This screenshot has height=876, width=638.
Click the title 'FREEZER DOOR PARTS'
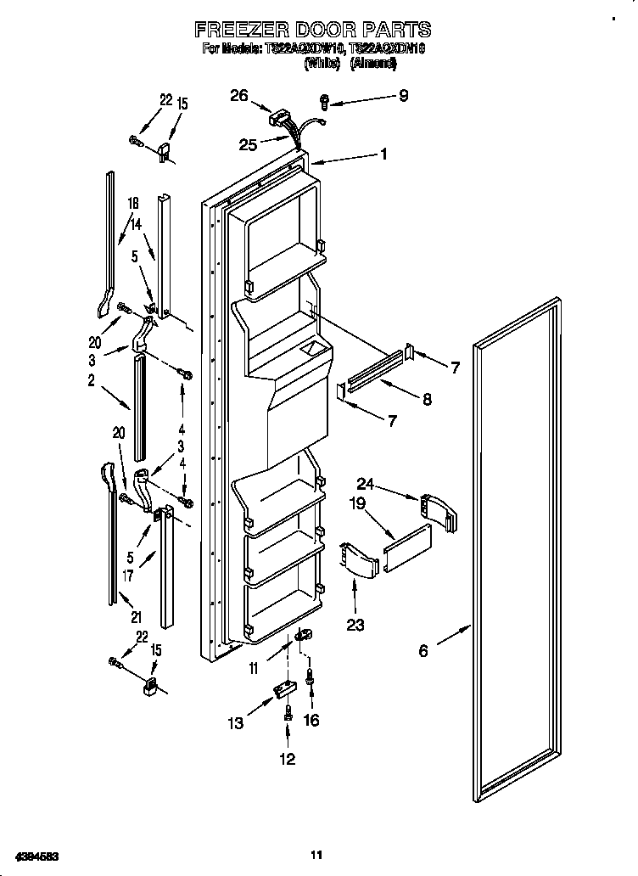tap(313, 31)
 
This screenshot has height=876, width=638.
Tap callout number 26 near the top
tap(238, 96)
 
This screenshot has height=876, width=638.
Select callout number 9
tap(403, 96)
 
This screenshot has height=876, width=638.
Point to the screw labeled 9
tap(325, 102)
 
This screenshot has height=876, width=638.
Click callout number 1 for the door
tap(383, 154)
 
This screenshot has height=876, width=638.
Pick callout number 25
tap(248, 144)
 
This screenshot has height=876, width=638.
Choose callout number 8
tap(427, 398)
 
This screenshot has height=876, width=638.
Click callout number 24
tap(365, 485)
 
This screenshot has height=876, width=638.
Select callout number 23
tap(355, 626)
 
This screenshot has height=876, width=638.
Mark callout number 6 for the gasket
tap(423, 651)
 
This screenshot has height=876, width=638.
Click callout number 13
tap(236, 723)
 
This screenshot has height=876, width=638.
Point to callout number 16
tap(311, 720)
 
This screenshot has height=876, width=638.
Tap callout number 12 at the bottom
tap(288, 759)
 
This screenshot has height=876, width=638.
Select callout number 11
tap(253, 670)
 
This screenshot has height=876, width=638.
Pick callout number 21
tap(136, 615)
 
